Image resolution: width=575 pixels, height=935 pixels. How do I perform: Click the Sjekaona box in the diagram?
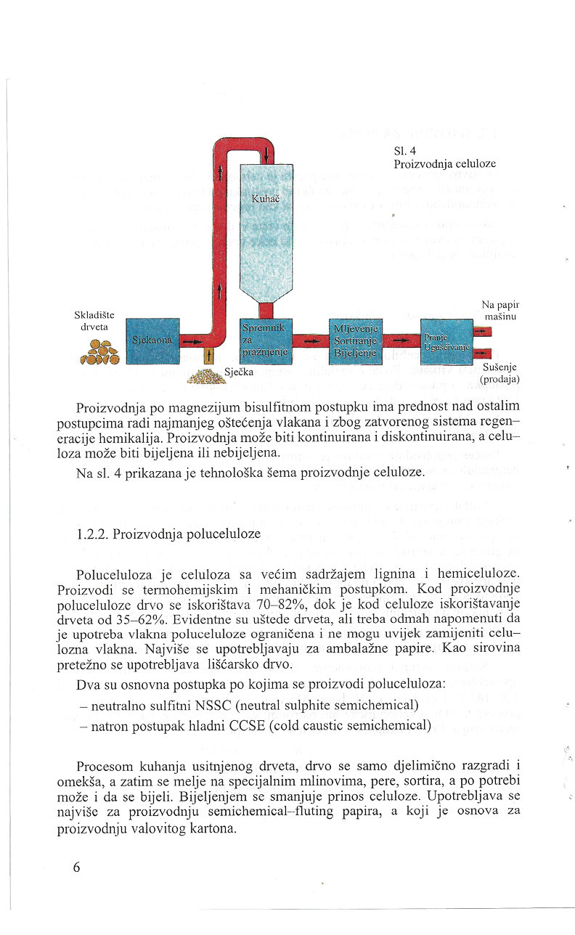(x=152, y=340)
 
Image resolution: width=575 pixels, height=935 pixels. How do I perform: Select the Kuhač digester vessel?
(x=266, y=218)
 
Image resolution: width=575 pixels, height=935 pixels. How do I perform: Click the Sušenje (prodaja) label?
(x=501, y=373)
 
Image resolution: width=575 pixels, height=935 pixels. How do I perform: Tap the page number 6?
(x=77, y=868)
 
